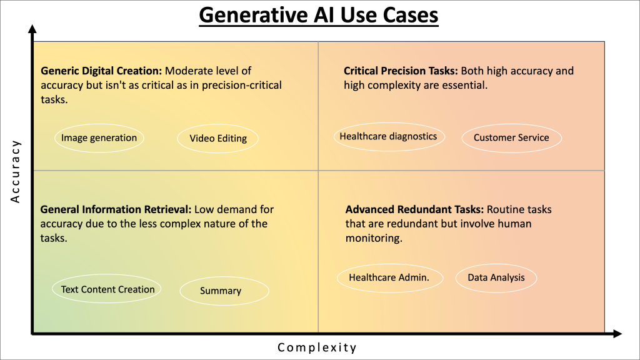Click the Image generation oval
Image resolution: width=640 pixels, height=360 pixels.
99,138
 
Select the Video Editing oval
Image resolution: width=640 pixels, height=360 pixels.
218,139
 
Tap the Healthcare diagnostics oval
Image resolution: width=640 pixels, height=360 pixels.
388,137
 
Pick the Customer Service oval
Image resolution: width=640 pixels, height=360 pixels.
511,138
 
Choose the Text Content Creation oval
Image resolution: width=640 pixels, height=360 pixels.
107,289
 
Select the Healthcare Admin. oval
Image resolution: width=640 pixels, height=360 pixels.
389,278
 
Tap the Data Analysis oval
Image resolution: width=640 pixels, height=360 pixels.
496,277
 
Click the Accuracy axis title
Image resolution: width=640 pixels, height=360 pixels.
16,171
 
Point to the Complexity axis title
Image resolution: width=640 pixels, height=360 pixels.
317,347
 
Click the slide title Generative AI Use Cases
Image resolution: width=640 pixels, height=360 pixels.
319,15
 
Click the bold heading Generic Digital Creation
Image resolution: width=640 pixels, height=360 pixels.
101,71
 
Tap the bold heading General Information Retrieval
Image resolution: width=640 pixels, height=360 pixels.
117,209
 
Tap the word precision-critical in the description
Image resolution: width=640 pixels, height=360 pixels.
242,85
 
